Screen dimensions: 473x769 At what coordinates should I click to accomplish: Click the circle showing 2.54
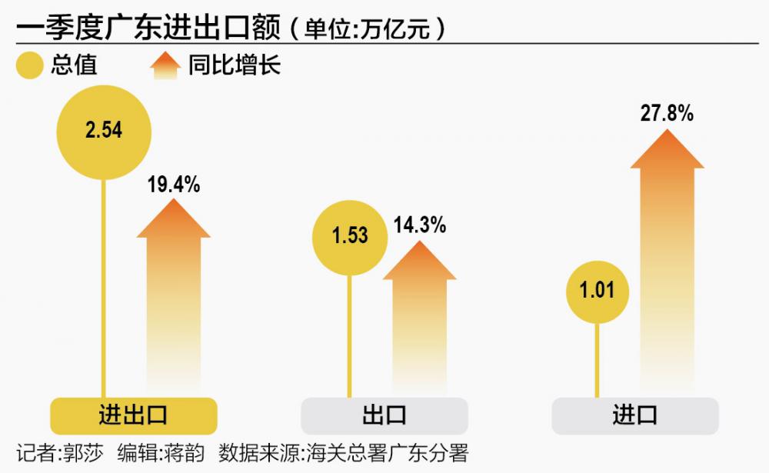pyautogui.click(x=104, y=132)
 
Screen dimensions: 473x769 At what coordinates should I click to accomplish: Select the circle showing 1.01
pyautogui.click(x=598, y=291)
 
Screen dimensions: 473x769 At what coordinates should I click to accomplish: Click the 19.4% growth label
pyautogui.click(x=173, y=185)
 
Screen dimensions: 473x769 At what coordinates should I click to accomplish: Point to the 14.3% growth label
pyautogui.click(x=419, y=225)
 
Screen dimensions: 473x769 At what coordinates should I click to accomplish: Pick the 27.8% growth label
pyautogui.click(x=667, y=114)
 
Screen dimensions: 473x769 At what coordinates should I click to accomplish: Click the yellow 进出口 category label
pyautogui.click(x=134, y=416)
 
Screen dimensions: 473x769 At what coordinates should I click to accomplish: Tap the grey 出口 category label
pyautogui.click(x=384, y=416)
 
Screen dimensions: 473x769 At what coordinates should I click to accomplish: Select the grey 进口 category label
pyautogui.click(x=635, y=416)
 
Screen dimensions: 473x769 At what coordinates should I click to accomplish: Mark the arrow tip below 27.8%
pyautogui.click(x=667, y=133)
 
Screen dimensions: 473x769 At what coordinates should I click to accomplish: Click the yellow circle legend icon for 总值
pyautogui.click(x=30, y=66)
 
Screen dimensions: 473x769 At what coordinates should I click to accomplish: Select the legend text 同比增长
pyautogui.click(x=235, y=66)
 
